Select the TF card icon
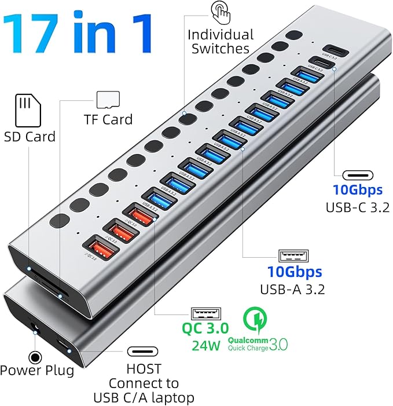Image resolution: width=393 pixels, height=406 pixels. tap(104, 99)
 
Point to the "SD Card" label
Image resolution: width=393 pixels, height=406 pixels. tap(30, 137)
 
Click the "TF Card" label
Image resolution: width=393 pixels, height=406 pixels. tap(109, 119)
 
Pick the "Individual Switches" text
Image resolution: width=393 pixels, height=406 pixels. tap(221, 42)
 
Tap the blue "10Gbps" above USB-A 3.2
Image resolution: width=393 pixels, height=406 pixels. tap(294, 271)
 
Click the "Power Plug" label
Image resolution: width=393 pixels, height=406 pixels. tap(37, 370)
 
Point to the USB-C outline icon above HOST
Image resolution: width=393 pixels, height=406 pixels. tap(144, 352)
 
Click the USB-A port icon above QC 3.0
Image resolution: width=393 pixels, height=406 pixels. tap(205, 314)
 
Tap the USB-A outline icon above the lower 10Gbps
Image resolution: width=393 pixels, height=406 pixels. tap(293, 255)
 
